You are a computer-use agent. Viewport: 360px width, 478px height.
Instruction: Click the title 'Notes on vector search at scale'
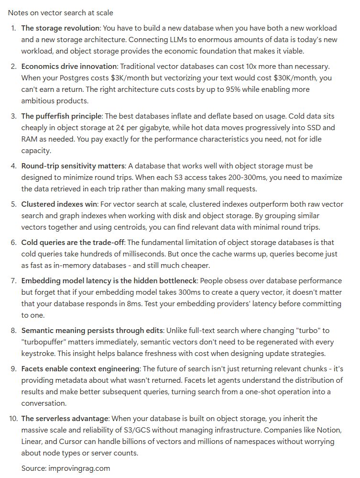61,12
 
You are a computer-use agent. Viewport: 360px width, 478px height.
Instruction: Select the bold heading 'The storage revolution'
60,28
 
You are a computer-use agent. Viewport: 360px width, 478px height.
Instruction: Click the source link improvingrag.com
79,468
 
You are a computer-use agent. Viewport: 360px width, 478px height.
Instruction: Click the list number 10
13,419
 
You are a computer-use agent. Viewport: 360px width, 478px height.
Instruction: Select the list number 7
14,281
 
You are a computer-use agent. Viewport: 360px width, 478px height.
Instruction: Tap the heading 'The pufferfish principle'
61,116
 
